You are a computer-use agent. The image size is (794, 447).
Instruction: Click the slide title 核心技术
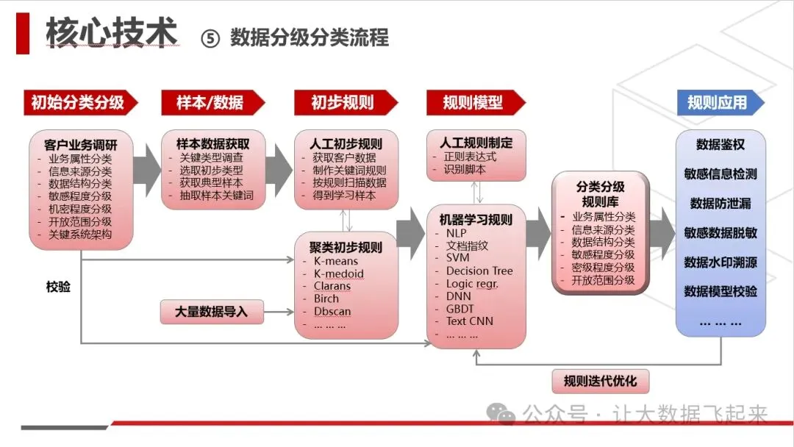(x=111, y=33)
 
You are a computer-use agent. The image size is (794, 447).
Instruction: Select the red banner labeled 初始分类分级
(x=77, y=103)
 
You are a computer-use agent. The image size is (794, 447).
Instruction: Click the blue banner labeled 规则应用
(x=717, y=103)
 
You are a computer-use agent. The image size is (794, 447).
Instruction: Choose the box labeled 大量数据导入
(x=212, y=312)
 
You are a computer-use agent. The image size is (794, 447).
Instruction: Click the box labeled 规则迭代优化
(x=600, y=382)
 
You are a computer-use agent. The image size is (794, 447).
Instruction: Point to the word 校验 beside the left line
(x=59, y=287)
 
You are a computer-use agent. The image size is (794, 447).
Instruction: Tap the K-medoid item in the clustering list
(x=339, y=273)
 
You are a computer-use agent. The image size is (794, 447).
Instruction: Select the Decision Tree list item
(x=479, y=271)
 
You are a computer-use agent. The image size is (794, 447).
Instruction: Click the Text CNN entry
(x=470, y=321)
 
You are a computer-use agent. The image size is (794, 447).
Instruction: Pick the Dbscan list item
(x=332, y=311)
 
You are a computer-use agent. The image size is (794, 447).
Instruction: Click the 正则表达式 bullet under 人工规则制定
(x=471, y=157)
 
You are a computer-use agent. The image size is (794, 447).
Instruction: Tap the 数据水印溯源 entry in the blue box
(x=720, y=262)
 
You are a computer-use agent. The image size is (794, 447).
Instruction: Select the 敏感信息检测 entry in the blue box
(x=720, y=174)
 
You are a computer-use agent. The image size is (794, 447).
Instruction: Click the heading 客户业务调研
(x=81, y=145)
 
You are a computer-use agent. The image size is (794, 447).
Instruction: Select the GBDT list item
(x=459, y=308)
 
